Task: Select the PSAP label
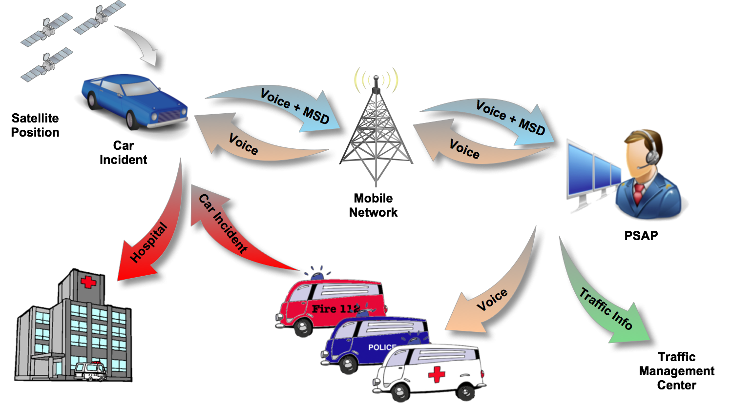pos(641,236)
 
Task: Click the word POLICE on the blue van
pos(381,347)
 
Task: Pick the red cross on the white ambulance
pos(436,374)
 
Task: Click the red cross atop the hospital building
pos(88,282)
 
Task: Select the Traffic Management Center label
pos(676,371)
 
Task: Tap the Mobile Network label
pos(374,205)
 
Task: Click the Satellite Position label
pos(35,125)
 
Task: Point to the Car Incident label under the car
pos(123,153)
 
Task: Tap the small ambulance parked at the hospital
pos(90,371)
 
